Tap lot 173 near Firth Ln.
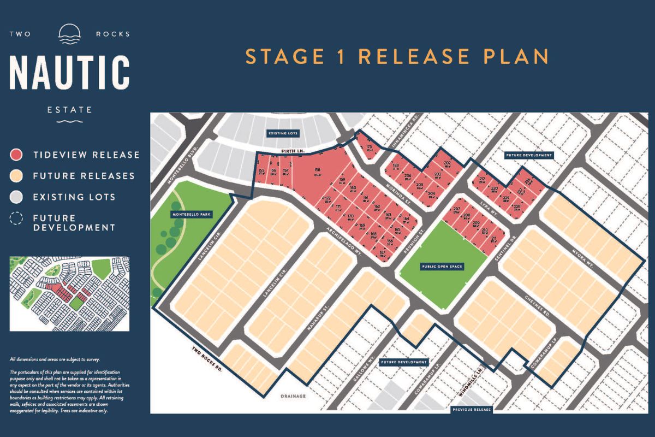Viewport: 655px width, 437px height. [x=369, y=147]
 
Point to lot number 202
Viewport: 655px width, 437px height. [x=447, y=163]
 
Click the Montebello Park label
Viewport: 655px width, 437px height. [x=190, y=215]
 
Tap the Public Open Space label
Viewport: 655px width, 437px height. [x=442, y=267]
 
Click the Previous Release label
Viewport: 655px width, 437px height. [x=472, y=409]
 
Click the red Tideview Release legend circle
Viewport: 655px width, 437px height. [x=17, y=155]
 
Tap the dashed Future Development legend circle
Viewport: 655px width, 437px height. [x=17, y=218]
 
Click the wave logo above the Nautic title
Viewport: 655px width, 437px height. [x=69, y=34]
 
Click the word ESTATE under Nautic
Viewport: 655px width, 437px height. [x=69, y=110]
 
